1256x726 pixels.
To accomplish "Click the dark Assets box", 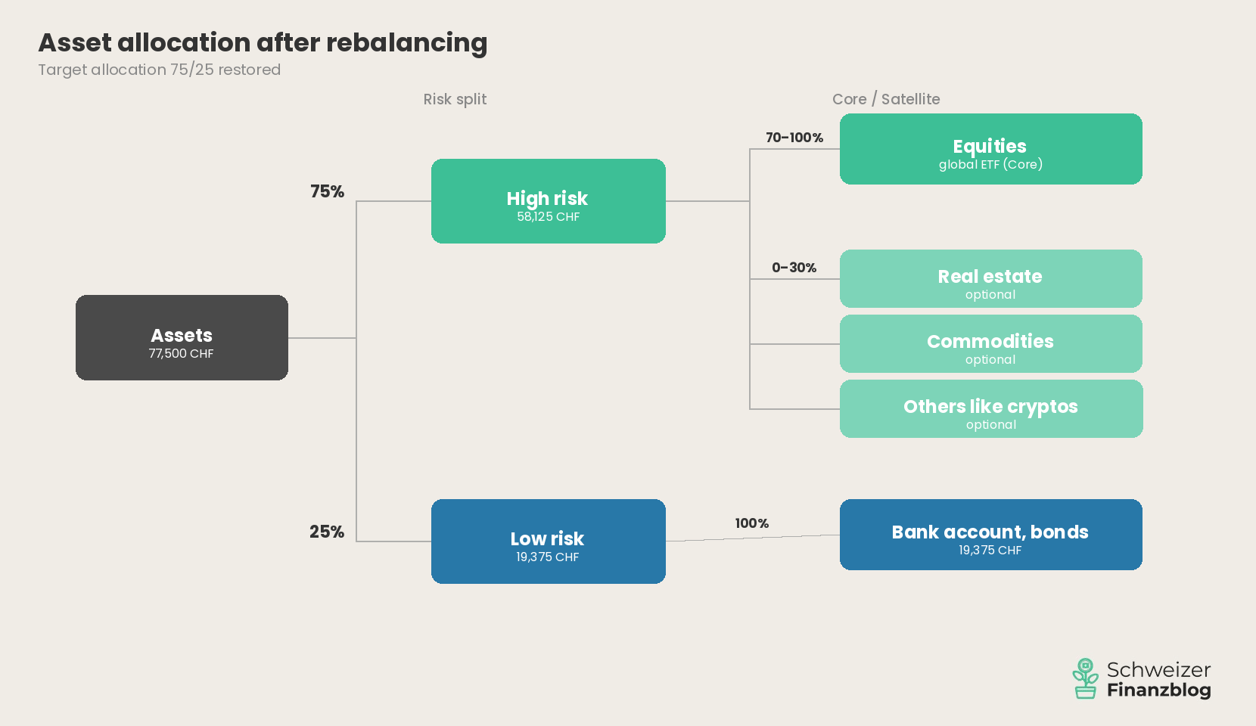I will click(182, 337).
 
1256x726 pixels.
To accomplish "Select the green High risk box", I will click(548, 201).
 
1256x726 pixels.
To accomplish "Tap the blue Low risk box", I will click(548, 541).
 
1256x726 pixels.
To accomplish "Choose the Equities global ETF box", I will click(990, 149).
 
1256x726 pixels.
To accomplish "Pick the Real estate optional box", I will click(990, 279).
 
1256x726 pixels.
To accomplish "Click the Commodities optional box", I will click(990, 344).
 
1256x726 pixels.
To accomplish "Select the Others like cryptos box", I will click(990, 409).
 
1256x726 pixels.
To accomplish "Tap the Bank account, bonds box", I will click(990, 535).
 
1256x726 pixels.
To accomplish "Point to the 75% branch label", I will click(327, 191).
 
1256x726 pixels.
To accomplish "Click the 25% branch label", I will click(327, 532).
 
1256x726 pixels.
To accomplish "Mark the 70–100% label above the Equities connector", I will click(794, 138).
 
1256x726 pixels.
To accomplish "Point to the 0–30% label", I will click(794, 268).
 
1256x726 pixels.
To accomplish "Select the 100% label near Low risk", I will click(751, 523).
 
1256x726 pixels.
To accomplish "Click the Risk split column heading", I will click(455, 99).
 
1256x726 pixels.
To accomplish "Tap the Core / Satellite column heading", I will click(886, 99).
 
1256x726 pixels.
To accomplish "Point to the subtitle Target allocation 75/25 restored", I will click(160, 70).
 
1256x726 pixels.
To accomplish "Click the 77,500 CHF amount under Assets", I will click(182, 354).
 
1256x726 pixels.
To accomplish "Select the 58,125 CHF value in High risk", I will click(548, 217).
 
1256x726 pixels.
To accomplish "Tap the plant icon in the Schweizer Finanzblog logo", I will click(1085, 678).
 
